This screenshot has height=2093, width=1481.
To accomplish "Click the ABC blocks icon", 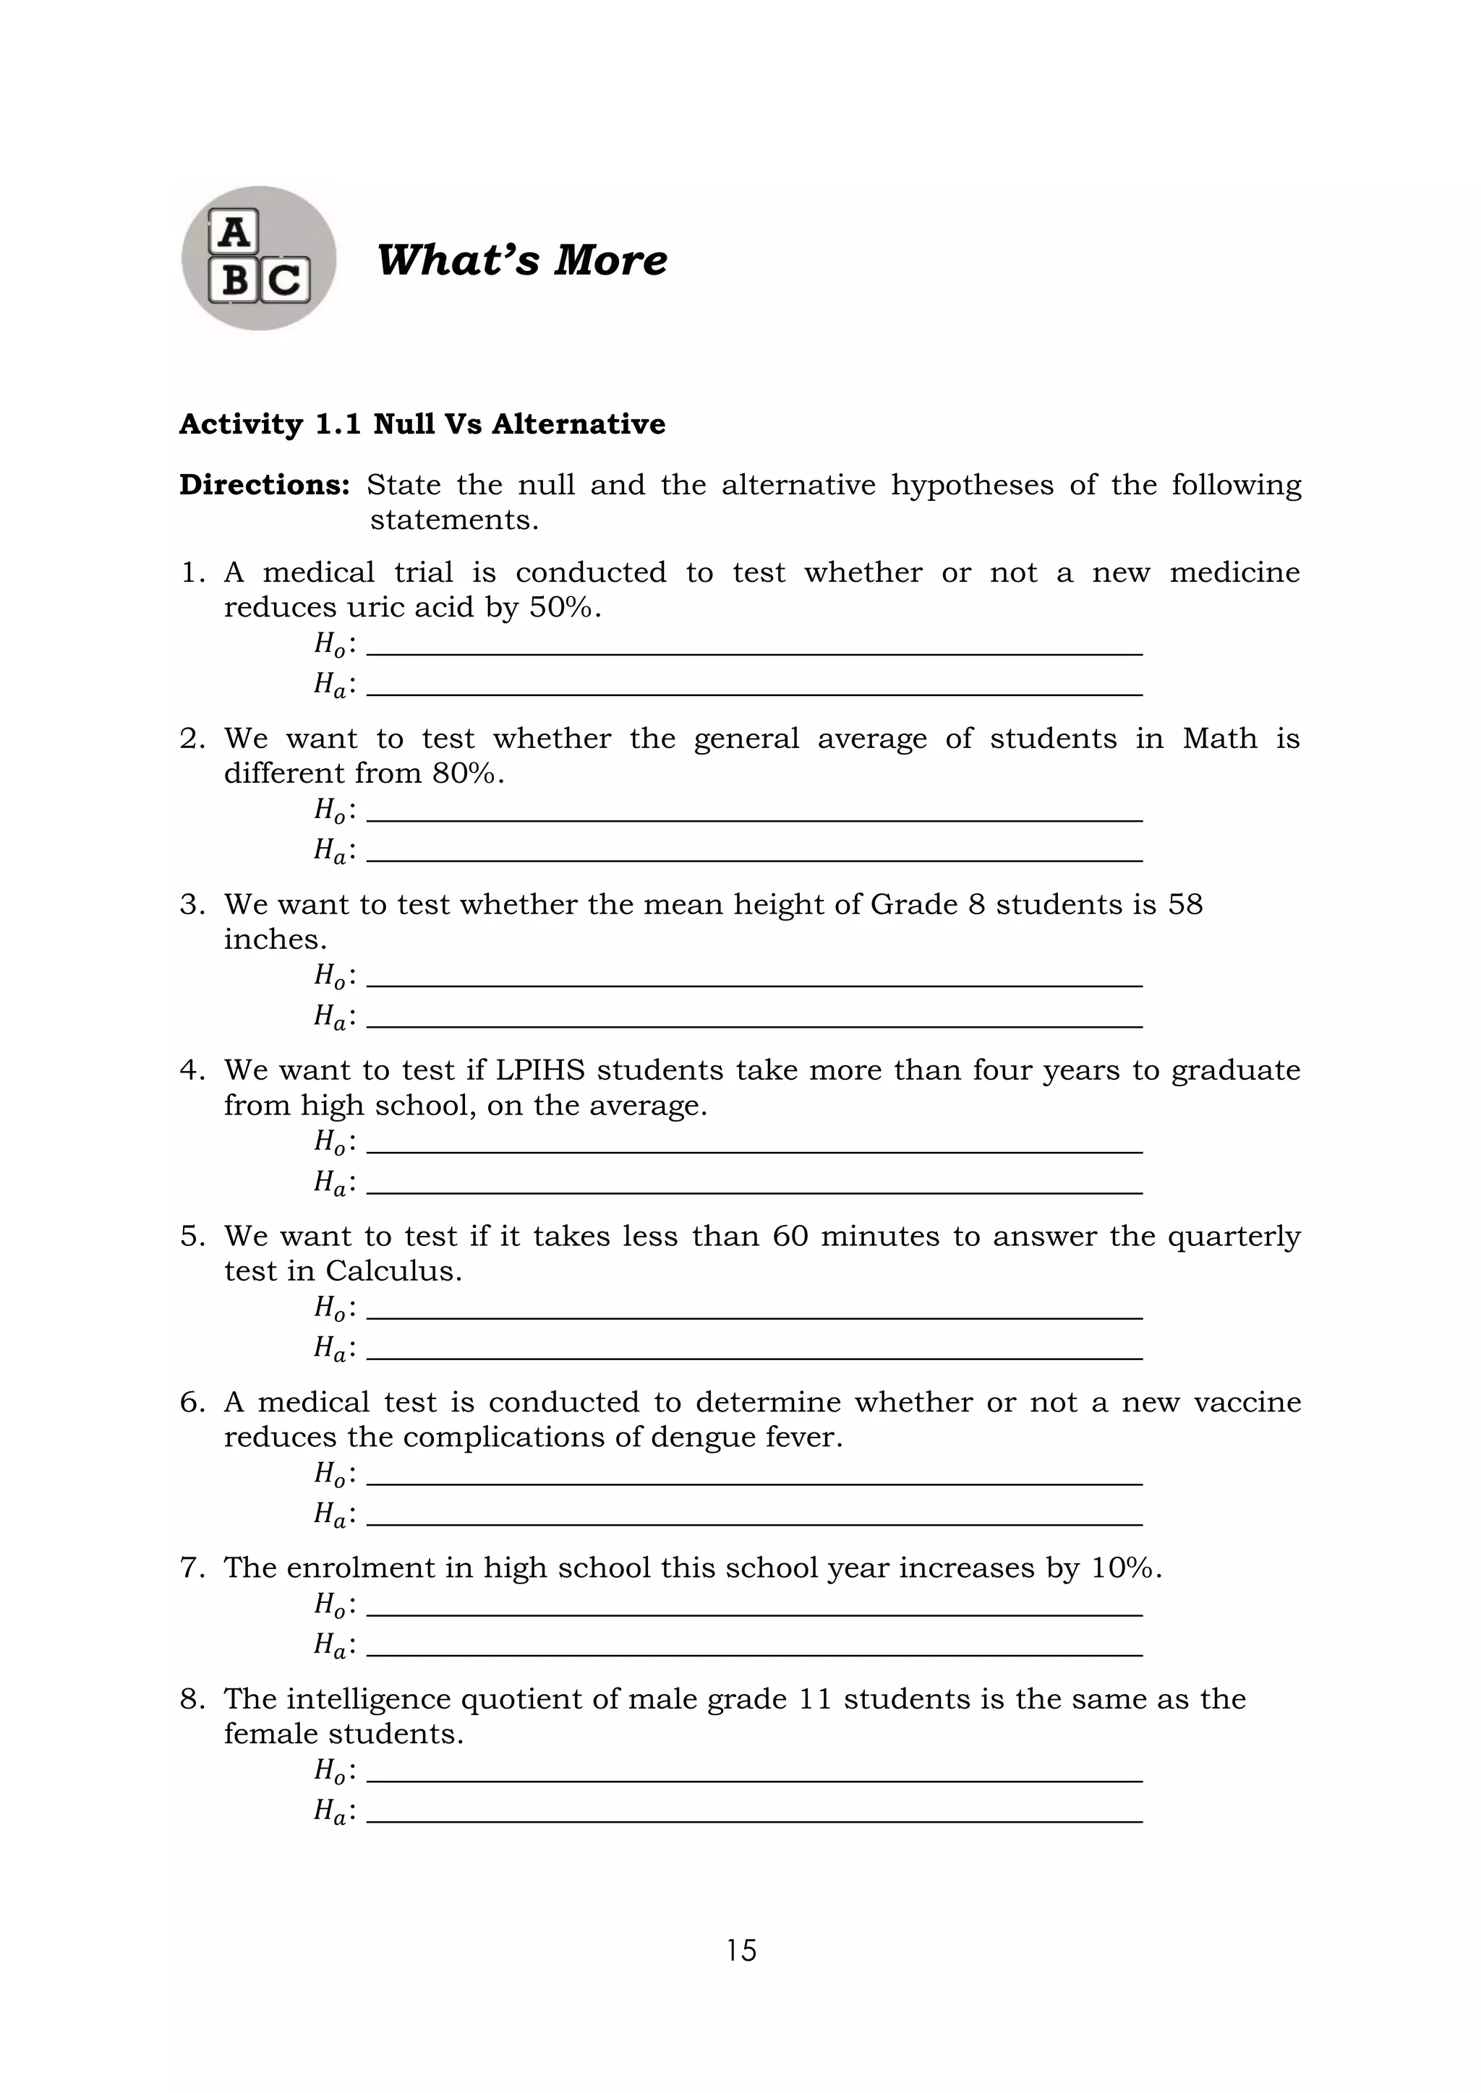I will (x=259, y=258).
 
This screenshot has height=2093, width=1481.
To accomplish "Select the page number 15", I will (x=741, y=1950).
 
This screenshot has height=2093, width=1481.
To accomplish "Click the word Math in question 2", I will (x=1219, y=739).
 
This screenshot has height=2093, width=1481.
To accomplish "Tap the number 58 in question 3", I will (x=1185, y=904).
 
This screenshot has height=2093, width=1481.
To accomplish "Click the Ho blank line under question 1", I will (x=754, y=653).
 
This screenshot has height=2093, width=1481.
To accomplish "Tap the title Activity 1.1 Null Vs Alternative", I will (x=422, y=425).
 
